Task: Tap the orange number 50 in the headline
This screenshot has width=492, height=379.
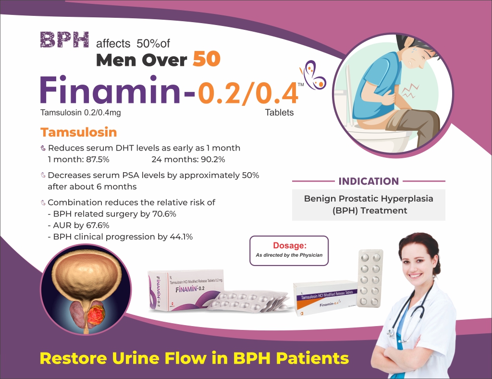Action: (206, 59)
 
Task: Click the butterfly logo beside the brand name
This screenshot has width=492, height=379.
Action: (313, 75)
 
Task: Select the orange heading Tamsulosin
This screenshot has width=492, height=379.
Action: (78, 132)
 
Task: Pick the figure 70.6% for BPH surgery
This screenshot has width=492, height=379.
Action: (165, 214)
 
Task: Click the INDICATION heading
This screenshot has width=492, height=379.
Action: (369, 181)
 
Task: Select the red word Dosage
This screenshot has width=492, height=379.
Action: (289, 245)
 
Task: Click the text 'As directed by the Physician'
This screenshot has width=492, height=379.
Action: (289, 255)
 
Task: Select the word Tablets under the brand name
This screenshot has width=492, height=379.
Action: (279, 113)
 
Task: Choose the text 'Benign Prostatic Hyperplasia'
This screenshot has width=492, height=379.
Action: (369, 198)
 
